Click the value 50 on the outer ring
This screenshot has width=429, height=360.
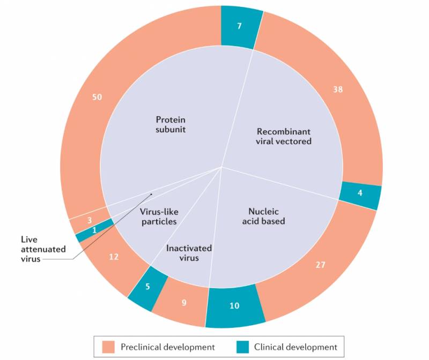pos(97,97)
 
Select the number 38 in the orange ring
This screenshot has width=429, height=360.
pos(337,89)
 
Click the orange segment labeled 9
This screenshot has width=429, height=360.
pos(184,303)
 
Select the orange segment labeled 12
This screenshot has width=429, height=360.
pos(113,257)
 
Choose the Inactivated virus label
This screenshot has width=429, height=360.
pos(189,253)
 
